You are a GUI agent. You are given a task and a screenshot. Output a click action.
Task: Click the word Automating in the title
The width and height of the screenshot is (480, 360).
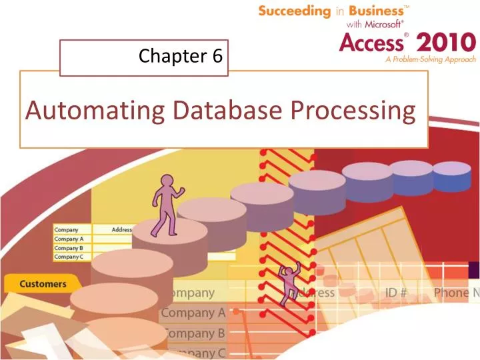coord(91,110)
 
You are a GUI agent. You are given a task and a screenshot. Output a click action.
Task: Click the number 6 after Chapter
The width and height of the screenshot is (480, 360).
coord(217,57)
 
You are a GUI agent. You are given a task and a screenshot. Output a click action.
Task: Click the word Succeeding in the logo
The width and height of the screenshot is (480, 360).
coord(294,11)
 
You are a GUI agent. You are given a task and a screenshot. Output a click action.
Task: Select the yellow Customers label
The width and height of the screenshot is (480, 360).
coord(43,284)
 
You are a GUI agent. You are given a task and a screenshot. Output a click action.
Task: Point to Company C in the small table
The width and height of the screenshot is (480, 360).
coord(69,256)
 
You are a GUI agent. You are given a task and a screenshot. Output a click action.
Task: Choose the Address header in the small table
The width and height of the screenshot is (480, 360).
coord(122,230)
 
